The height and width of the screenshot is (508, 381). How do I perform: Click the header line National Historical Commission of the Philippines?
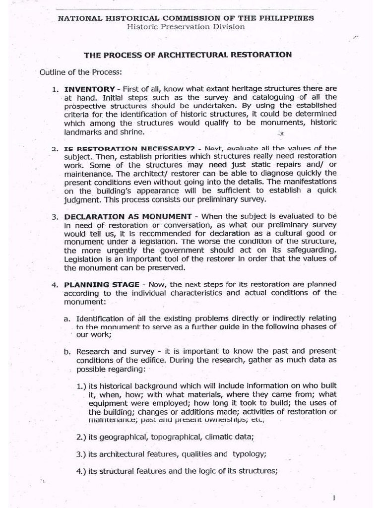(186, 18)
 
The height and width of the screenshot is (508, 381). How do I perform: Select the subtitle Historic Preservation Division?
(186, 26)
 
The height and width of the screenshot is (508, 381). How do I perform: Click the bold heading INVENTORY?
(89, 89)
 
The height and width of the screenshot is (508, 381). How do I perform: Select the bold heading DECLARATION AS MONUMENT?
(128, 216)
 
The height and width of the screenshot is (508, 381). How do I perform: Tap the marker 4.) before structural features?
(81, 471)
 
